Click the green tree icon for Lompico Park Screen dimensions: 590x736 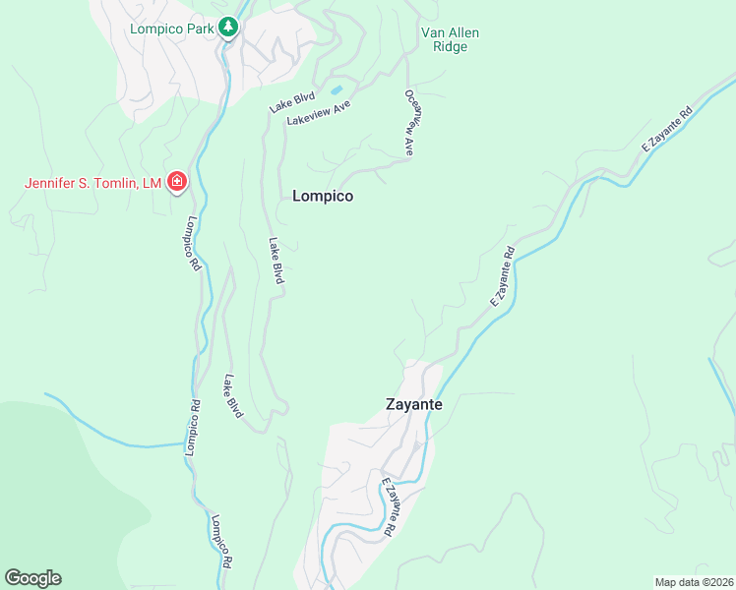(x=228, y=28)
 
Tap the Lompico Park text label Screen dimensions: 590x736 (x=172, y=28)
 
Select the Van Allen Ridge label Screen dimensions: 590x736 (x=451, y=39)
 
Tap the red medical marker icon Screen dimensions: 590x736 (x=177, y=182)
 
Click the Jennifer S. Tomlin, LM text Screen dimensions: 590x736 (x=93, y=182)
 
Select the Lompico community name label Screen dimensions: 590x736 (x=323, y=196)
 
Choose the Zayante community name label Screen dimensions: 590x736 (x=413, y=404)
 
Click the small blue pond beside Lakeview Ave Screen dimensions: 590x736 (x=337, y=90)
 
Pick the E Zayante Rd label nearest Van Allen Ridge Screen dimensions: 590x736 (x=668, y=129)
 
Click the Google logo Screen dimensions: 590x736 (x=32, y=578)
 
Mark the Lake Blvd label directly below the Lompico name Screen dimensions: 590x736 (x=277, y=262)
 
